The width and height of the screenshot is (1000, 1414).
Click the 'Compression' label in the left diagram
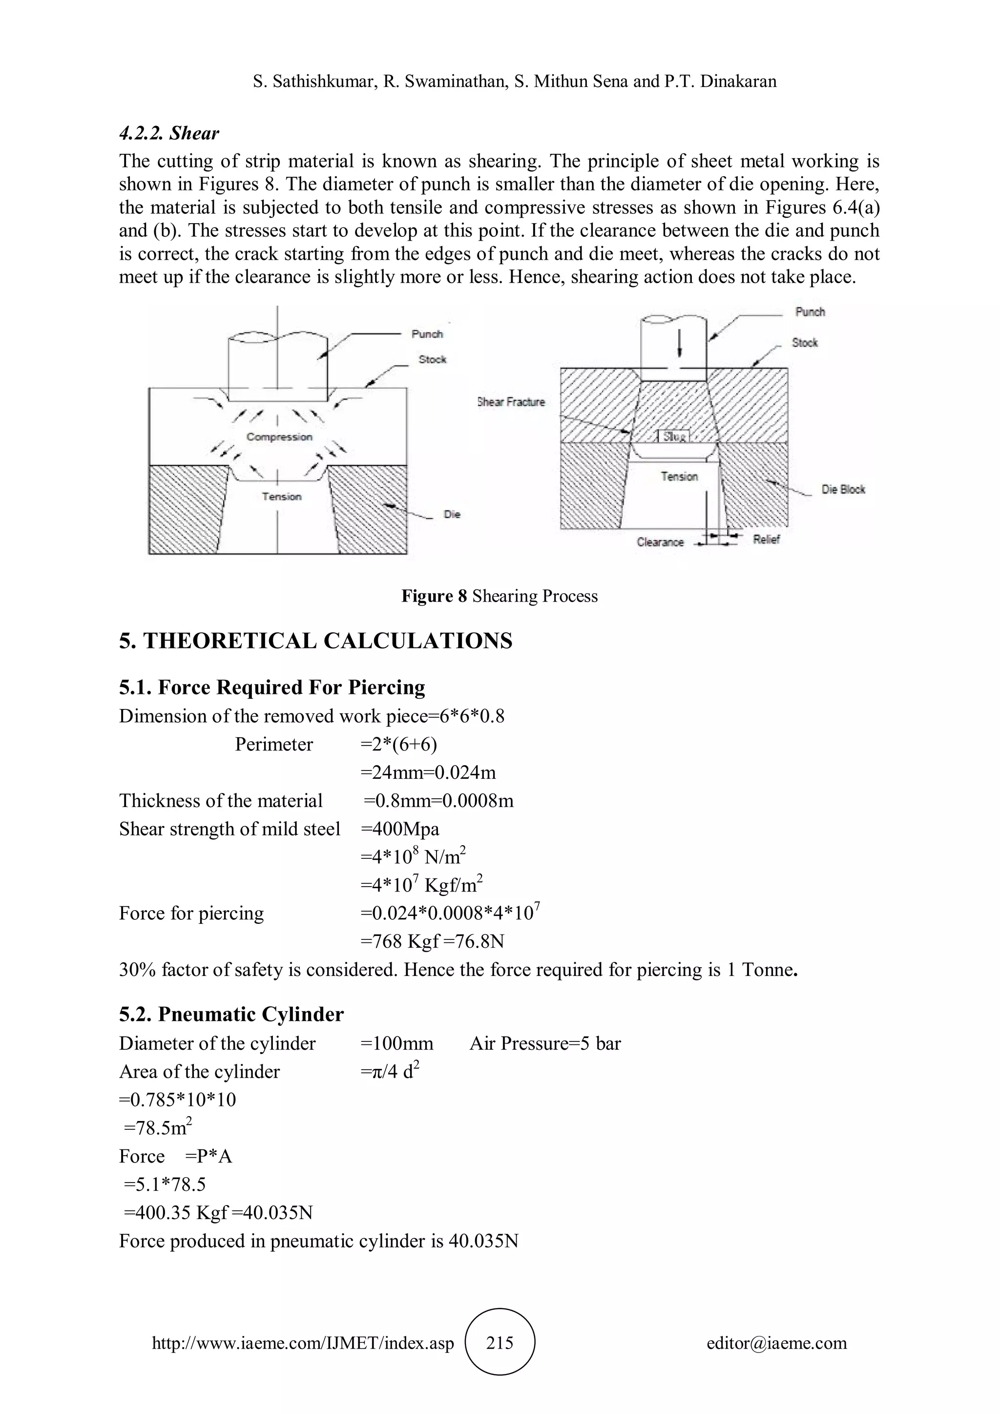[279, 437]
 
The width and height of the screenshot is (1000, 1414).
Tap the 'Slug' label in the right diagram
[674, 436]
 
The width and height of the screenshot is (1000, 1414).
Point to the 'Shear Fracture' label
[512, 402]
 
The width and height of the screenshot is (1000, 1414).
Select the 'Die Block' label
[843, 490]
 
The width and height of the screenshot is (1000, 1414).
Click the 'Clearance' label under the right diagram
[660, 542]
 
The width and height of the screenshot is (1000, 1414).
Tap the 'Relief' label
[766, 540]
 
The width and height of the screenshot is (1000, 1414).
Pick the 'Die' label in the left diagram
[452, 514]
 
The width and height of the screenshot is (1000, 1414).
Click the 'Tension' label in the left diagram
[281, 497]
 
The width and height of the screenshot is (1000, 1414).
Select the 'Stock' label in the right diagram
[804, 342]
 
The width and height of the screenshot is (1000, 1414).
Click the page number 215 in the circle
[500, 1343]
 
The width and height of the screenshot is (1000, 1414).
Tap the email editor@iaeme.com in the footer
[776, 1343]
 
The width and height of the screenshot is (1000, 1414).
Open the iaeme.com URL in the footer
[303, 1343]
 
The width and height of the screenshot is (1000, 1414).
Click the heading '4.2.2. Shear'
[169, 133]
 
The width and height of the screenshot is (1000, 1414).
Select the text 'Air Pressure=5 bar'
[545, 1043]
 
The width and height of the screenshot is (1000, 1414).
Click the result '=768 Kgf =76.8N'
[432, 941]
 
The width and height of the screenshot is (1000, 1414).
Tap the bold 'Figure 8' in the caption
[434, 596]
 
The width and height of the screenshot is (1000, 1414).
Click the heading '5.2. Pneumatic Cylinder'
[231, 1014]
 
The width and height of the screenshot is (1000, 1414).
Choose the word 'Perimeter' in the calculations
[274, 745]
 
